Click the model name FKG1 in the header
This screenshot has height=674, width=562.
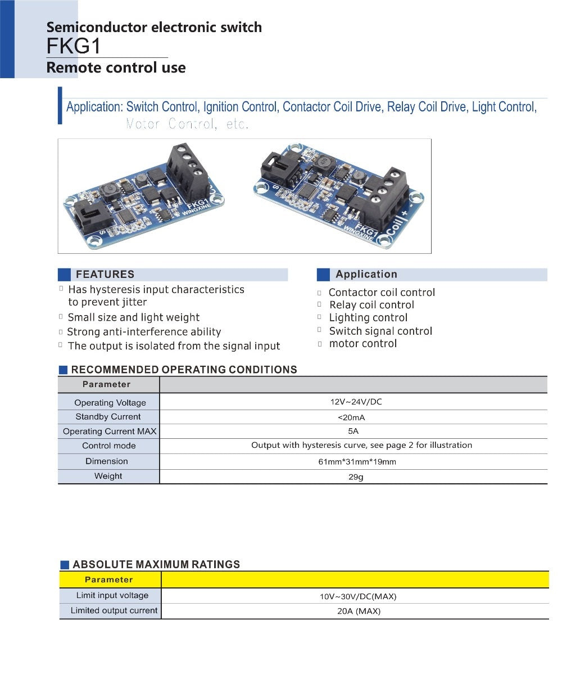[74, 46]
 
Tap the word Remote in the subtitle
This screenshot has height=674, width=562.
[70, 68]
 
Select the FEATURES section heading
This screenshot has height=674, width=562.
[105, 275]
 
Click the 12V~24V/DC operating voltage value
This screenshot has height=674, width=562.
[356, 402]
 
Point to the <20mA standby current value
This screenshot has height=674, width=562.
[352, 417]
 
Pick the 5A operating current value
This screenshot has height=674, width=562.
[353, 432]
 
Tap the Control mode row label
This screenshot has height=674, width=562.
[108, 446]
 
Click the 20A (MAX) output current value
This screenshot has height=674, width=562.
[355, 611]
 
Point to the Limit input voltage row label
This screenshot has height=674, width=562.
[112, 595]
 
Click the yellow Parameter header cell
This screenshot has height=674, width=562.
[109, 579]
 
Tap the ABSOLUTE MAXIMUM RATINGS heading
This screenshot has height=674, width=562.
[156, 564]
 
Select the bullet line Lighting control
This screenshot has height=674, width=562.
[368, 318]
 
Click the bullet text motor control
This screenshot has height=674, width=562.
[363, 344]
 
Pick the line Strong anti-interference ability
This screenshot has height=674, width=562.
[144, 332]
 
